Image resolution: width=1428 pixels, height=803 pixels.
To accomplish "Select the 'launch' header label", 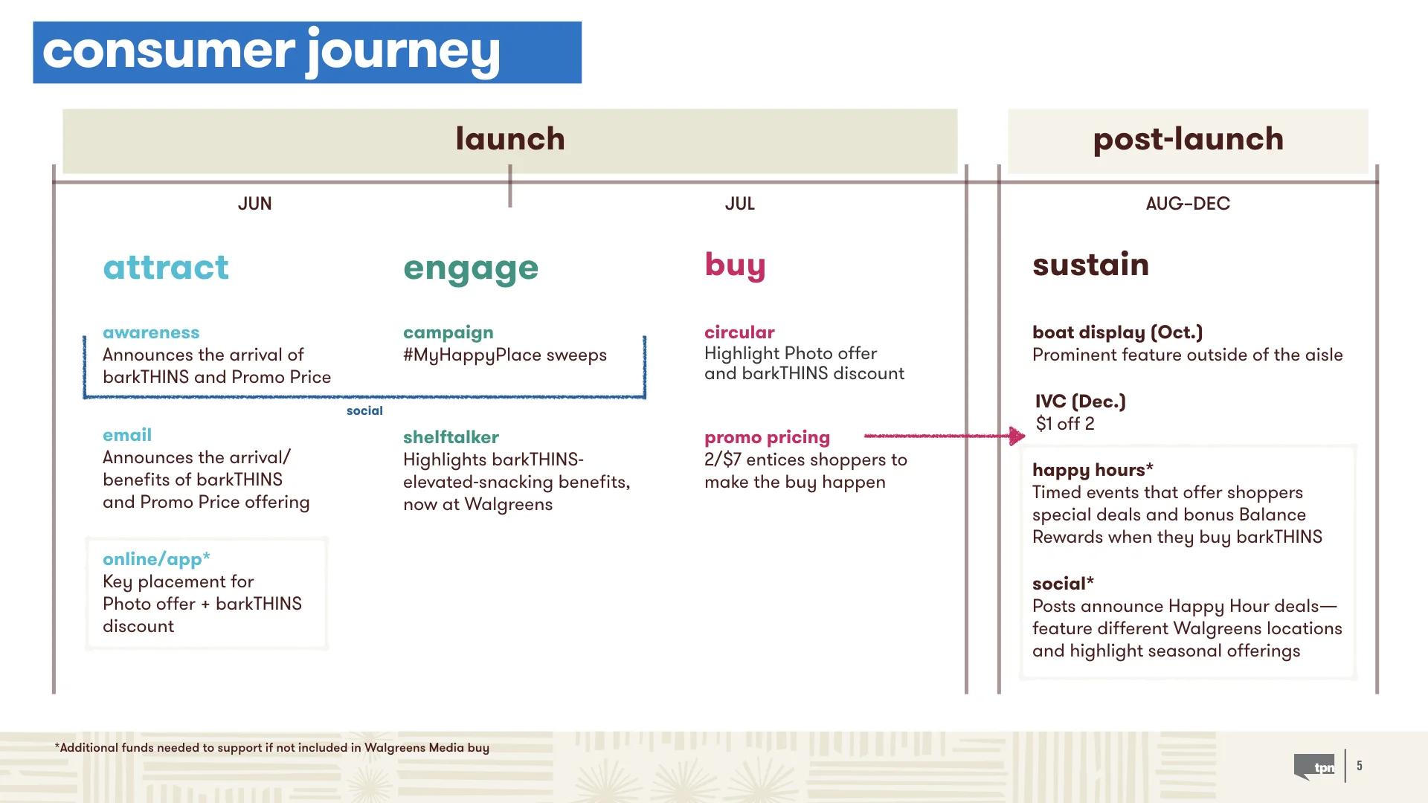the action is (510, 139).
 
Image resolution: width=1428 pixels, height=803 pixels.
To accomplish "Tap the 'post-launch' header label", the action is (1188, 139).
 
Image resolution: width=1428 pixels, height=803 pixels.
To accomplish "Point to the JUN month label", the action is (254, 204).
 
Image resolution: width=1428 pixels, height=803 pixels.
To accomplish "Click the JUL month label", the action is (739, 204).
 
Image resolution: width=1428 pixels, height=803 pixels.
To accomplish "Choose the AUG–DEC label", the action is (1188, 204).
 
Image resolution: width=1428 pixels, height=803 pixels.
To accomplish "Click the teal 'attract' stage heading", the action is (166, 268).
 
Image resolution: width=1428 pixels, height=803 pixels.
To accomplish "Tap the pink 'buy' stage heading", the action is (735, 265).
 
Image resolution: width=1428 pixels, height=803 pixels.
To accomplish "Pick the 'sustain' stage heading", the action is (1090, 265).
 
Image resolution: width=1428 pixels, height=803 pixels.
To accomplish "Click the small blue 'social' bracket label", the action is (364, 410).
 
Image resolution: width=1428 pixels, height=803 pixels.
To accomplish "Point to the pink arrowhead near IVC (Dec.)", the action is (1017, 436).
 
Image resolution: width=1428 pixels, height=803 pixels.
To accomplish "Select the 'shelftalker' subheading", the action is (451, 437).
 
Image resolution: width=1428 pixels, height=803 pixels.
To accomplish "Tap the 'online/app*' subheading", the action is (156, 559).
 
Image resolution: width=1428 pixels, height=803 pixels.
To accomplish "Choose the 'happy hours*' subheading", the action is (1092, 470).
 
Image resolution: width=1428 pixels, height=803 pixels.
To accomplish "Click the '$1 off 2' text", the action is (1065, 424).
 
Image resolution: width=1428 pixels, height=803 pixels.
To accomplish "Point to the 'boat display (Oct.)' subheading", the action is (1117, 332).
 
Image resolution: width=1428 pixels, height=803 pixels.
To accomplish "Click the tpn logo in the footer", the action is (1316, 767).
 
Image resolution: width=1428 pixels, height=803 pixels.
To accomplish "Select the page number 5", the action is (1360, 766).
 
